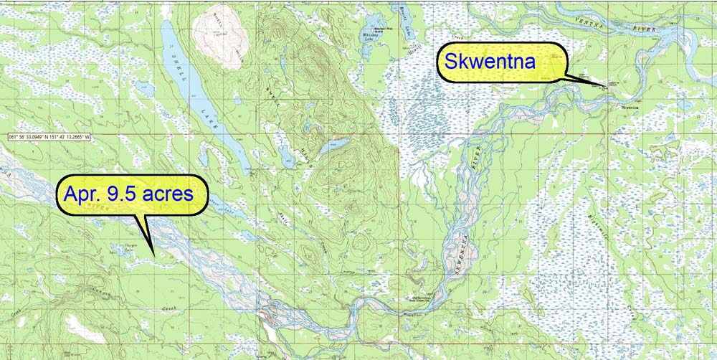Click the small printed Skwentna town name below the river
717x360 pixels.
pos(631,108)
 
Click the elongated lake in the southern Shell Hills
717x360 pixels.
pos(333,146)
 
